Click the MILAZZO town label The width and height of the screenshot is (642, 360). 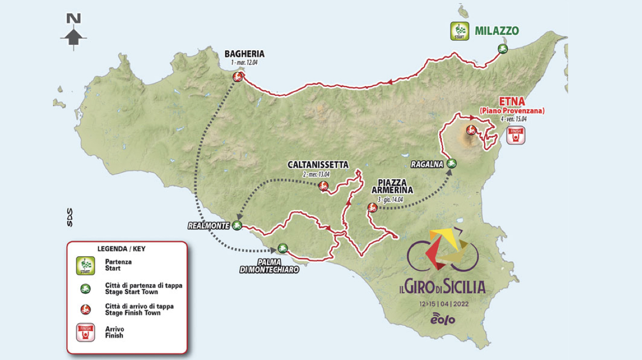coord(496,30)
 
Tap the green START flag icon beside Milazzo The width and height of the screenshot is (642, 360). coord(459,30)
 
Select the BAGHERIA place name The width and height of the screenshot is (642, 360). coord(244,54)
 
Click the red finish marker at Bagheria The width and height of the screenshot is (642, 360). coord(238,77)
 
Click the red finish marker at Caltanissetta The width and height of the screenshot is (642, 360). coord(323,186)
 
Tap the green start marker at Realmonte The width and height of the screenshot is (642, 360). coord(237,226)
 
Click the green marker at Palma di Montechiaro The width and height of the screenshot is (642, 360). coord(282,248)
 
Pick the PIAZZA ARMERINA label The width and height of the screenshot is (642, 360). coord(393,186)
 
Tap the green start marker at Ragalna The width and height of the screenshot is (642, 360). coord(451,163)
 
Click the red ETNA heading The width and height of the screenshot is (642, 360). coord(510,101)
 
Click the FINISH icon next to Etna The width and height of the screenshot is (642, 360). coord(516,135)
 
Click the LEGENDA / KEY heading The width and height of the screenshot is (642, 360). coord(121,249)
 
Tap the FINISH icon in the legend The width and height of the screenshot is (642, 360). coord(86,332)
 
